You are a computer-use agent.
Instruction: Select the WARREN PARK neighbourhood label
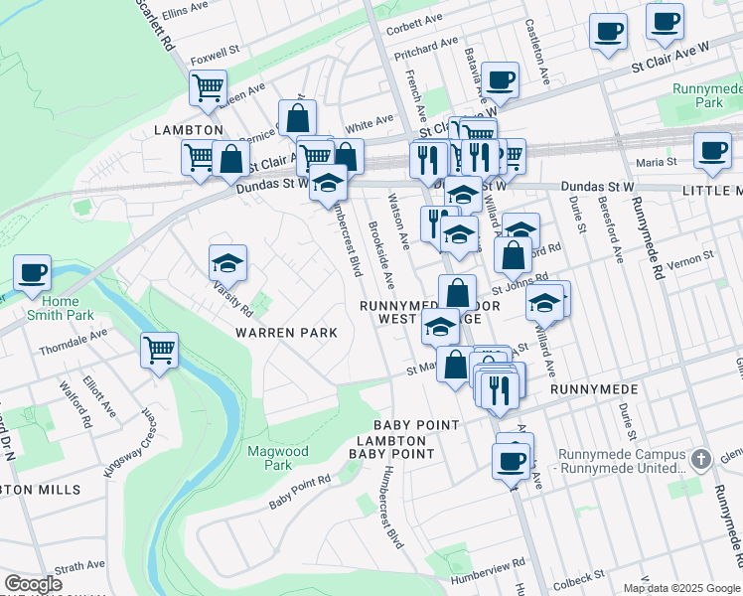[x=285, y=333]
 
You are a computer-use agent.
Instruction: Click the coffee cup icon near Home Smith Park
[x=32, y=271]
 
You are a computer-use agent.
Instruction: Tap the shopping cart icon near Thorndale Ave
[x=159, y=350]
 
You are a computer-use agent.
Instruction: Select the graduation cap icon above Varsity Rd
[x=227, y=263]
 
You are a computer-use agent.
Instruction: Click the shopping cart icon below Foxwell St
[x=208, y=87]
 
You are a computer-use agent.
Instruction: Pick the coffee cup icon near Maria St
[x=711, y=150]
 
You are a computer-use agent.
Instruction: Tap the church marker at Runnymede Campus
[x=701, y=459]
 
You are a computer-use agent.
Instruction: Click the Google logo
[x=33, y=584]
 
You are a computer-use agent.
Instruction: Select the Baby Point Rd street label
[x=299, y=492]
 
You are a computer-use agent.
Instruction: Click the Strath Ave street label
[x=79, y=567]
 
